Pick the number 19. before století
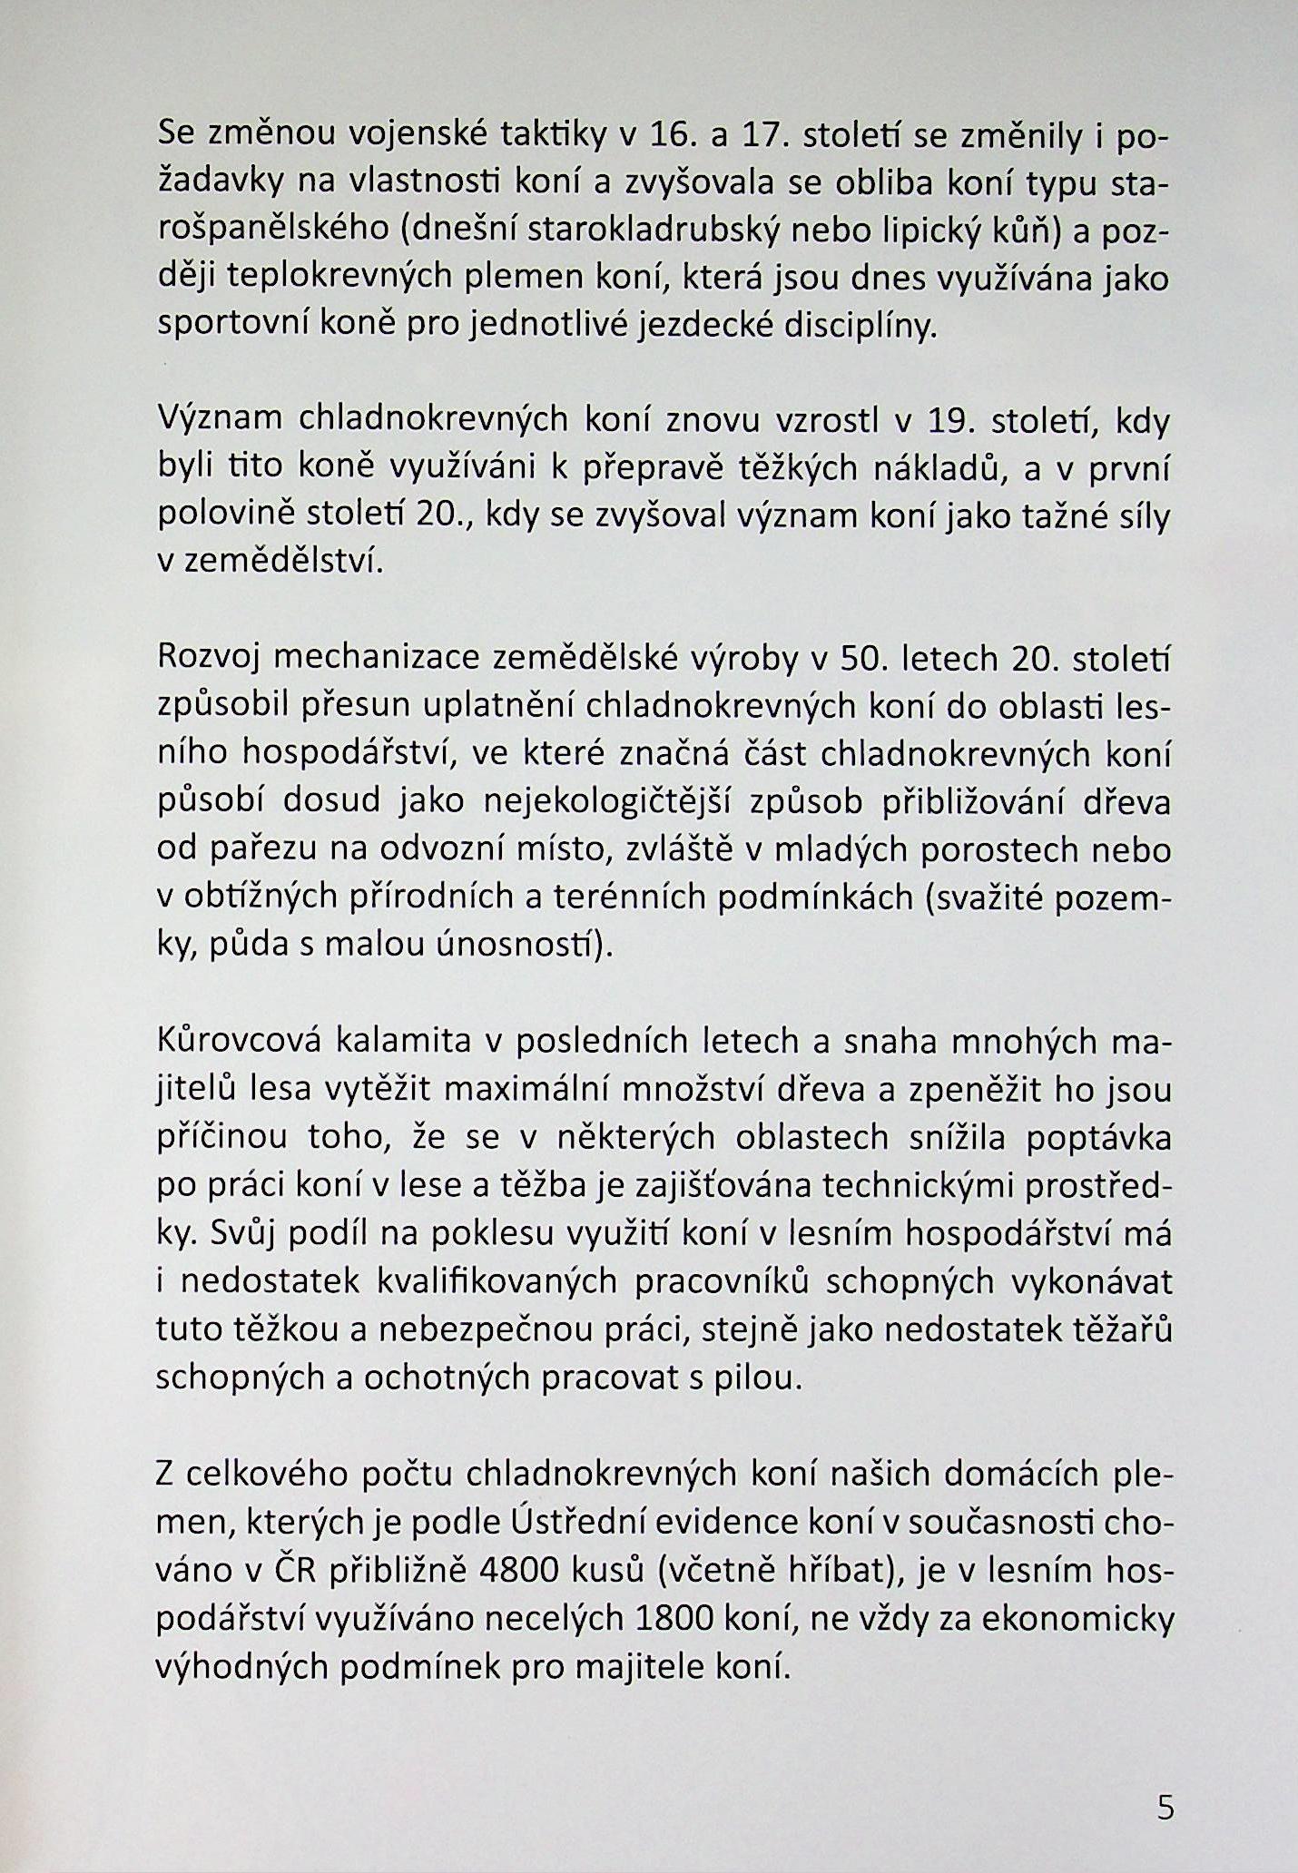(x=948, y=420)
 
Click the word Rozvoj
(x=209, y=657)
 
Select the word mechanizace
(x=376, y=657)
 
